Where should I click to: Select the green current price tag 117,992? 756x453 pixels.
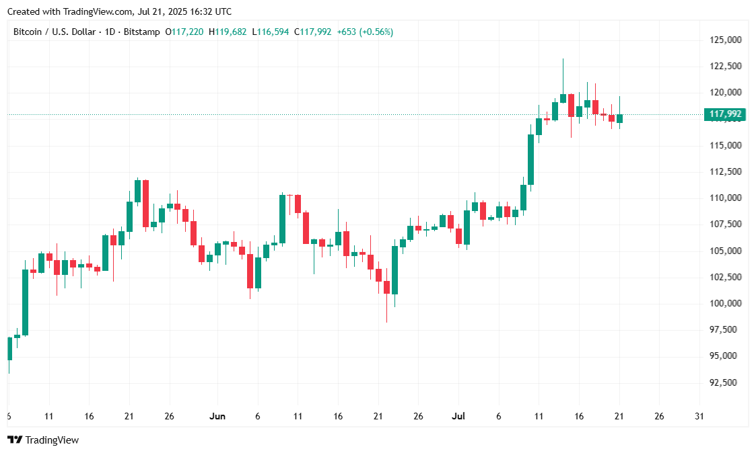click(x=725, y=114)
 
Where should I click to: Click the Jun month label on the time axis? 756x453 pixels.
click(x=217, y=416)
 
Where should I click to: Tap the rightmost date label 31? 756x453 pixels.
click(x=699, y=416)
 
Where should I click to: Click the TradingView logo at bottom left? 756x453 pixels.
click(x=43, y=440)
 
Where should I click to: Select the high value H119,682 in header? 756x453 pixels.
click(x=228, y=32)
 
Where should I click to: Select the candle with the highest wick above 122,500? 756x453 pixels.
click(x=563, y=98)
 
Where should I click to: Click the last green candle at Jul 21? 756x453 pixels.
click(x=619, y=118)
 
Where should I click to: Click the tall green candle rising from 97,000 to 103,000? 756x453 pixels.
click(x=25, y=302)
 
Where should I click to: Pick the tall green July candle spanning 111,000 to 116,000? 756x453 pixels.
click(x=530, y=159)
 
